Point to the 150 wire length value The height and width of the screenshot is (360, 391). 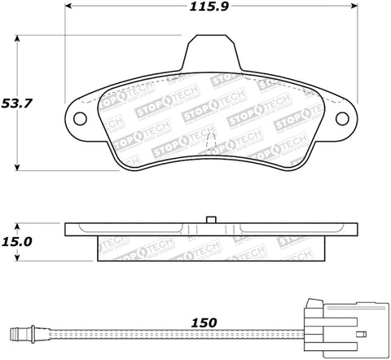205,323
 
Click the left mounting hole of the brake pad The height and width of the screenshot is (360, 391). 80,118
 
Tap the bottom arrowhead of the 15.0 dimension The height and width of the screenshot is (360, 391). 20,259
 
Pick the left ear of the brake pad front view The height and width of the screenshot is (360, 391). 80,118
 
